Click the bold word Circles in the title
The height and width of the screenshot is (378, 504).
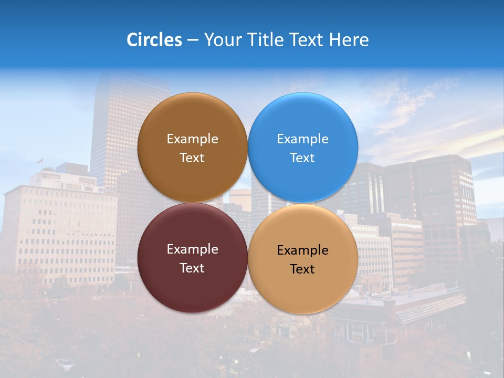tap(154, 40)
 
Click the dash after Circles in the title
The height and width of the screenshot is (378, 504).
tap(193, 40)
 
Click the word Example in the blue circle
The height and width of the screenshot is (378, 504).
tap(302, 139)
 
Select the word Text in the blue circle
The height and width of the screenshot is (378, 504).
tap(302, 158)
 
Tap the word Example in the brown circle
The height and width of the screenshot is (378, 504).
tap(192, 139)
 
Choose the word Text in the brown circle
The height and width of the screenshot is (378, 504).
tap(192, 158)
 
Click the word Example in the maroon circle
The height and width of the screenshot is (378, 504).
tap(192, 249)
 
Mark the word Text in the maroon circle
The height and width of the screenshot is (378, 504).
tap(192, 268)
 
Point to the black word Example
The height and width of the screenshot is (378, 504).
tap(302, 250)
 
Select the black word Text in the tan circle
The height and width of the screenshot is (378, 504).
tap(302, 269)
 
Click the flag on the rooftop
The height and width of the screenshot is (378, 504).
tap(39, 161)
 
